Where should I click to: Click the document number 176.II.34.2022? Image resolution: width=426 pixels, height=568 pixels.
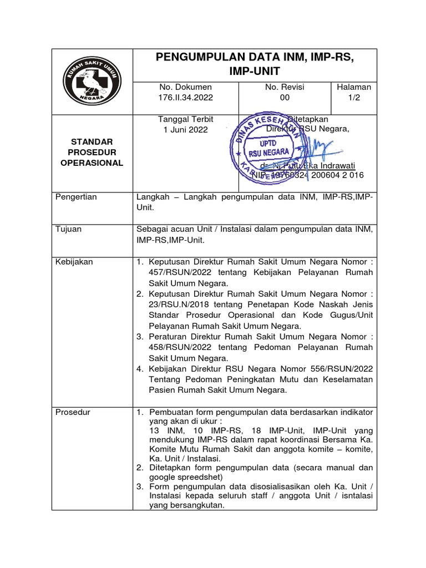tap(185, 98)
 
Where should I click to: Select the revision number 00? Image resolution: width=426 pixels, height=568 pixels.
tap(285, 98)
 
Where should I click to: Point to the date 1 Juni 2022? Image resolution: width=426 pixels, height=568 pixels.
tap(185, 130)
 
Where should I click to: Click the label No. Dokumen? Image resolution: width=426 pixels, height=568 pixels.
tap(185, 87)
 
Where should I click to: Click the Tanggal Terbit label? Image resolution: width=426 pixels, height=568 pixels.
tap(185, 119)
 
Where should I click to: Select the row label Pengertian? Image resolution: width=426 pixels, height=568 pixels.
tap(77, 197)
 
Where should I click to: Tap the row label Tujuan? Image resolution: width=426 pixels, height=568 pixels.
tap(69, 229)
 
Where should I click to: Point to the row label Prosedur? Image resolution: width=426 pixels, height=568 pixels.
tap(74, 412)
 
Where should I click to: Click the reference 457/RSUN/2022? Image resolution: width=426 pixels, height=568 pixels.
tap(181, 272)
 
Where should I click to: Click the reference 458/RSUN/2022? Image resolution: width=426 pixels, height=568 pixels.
tap(181, 347)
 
